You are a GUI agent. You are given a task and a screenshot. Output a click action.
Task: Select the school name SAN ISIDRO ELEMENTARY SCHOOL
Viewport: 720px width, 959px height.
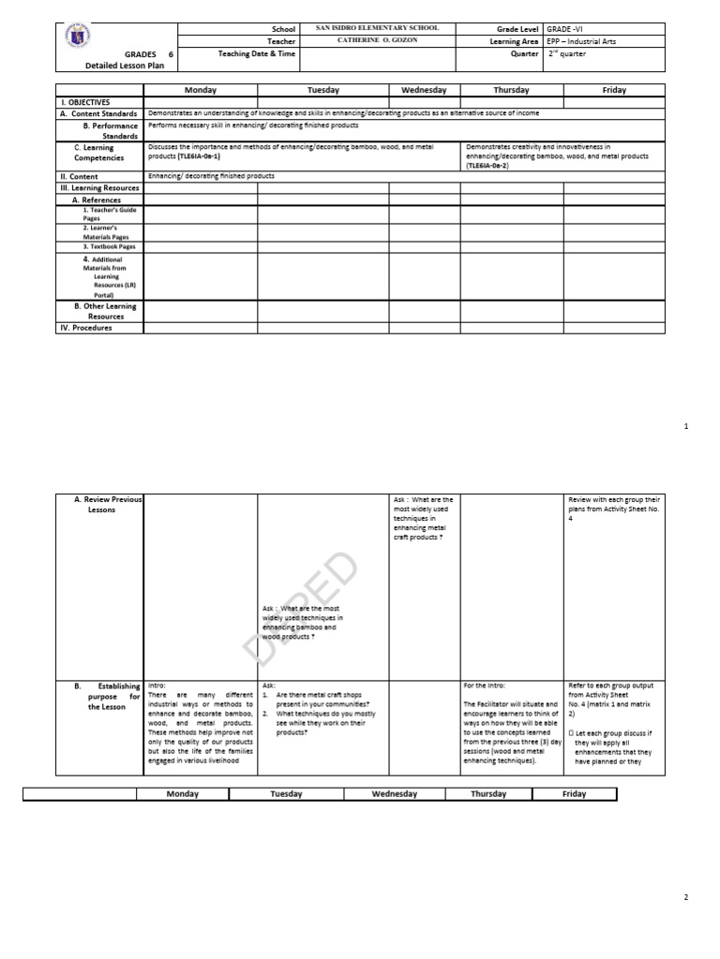click(374, 29)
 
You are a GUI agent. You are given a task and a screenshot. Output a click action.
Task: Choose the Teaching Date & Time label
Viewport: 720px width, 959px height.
click(256, 54)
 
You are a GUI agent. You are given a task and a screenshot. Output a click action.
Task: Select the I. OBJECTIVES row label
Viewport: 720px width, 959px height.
click(85, 101)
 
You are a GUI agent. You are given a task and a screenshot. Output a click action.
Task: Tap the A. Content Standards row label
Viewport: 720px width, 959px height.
click(98, 113)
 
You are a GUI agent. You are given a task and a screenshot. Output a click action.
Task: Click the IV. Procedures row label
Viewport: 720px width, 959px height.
click(86, 328)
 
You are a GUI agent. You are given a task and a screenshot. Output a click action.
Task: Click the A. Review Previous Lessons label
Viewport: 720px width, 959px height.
click(108, 505)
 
